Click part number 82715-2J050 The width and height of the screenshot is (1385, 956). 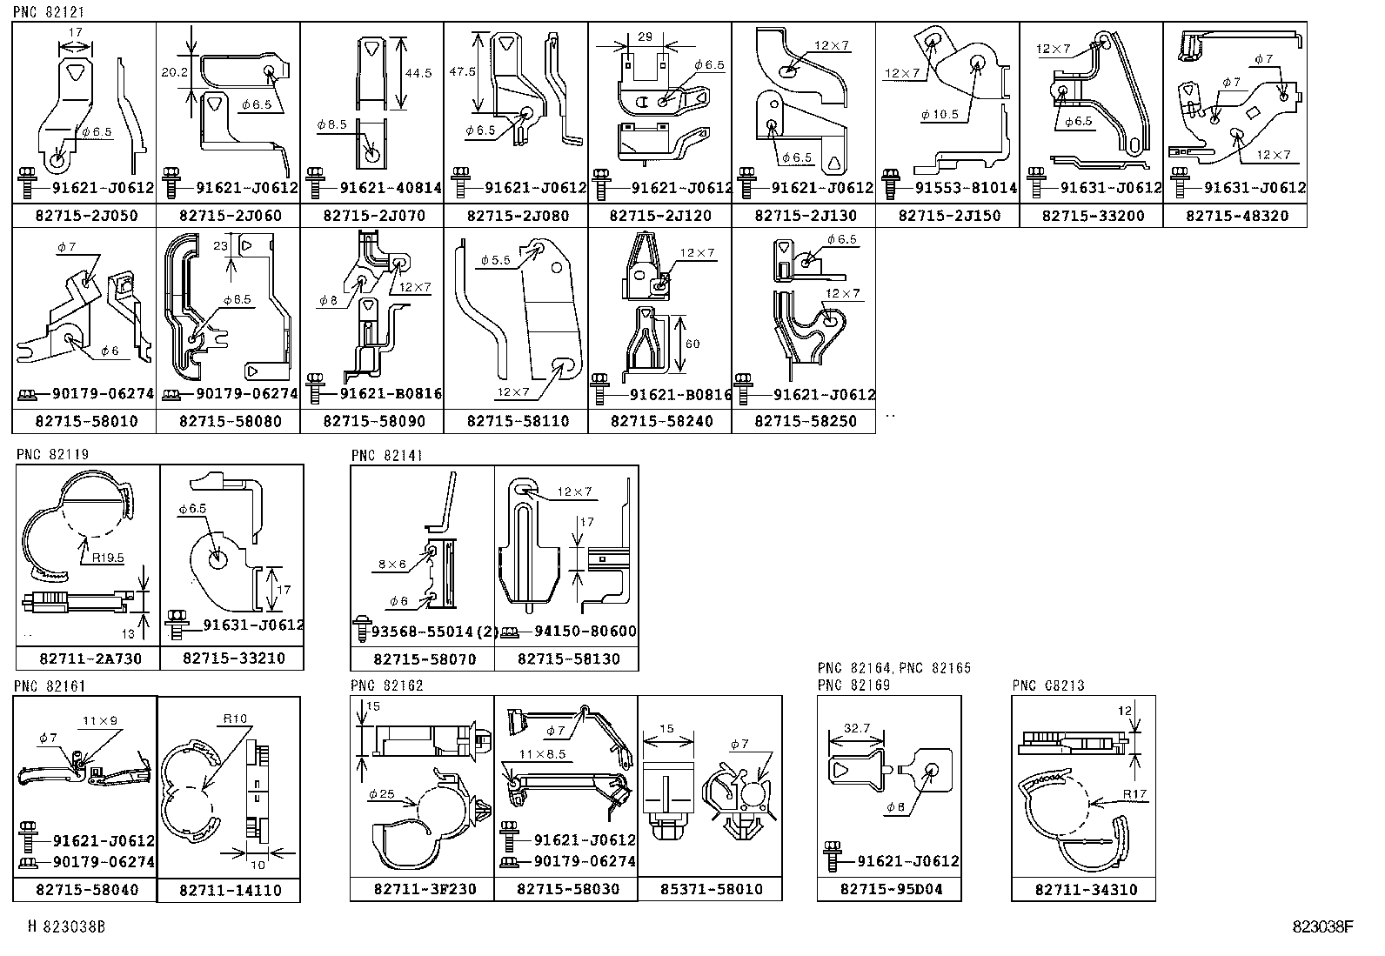84,216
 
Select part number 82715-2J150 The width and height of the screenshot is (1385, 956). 948,216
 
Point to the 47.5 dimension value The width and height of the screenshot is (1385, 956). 464,71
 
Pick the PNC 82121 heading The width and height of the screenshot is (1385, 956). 43,10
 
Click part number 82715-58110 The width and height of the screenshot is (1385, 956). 517,421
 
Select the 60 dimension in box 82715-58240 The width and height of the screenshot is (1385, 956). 692,344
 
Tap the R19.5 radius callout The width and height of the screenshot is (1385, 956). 106,558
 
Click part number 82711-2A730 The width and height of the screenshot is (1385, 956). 90,659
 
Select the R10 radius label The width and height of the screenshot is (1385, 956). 234,719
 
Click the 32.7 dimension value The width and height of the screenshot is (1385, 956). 857,728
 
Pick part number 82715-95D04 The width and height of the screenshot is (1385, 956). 891,890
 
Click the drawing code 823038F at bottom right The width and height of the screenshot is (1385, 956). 1322,927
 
